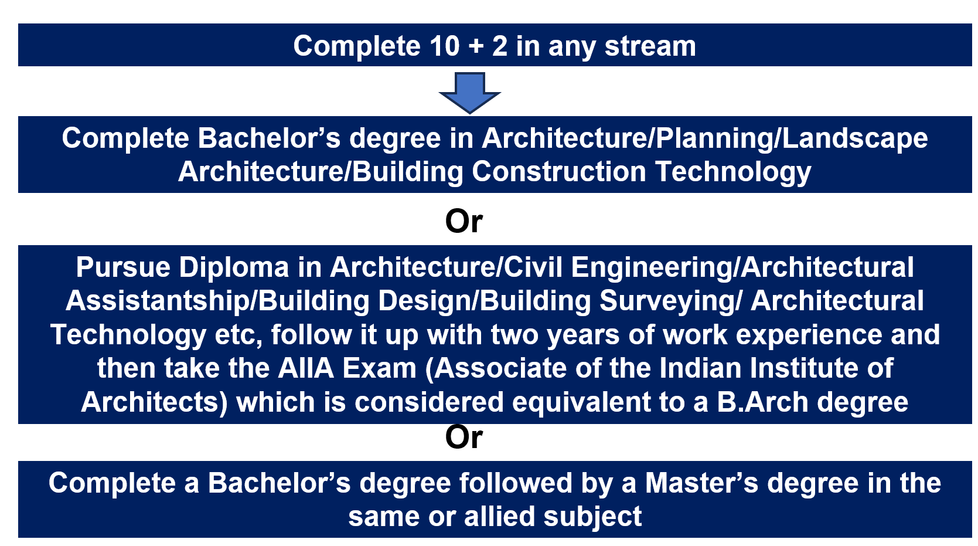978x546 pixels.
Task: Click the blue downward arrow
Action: pyautogui.click(x=470, y=93)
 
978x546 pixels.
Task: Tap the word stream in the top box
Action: pyautogui.click(x=650, y=46)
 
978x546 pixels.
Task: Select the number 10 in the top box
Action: pyautogui.click(x=445, y=46)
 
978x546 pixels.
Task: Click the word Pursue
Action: pyautogui.click(x=123, y=267)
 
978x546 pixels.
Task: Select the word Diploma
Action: pyautogui.click(x=234, y=268)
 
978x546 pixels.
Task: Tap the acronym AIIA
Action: pyautogui.click(x=306, y=368)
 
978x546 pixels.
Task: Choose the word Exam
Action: pyautogui.click(x=379, y=368)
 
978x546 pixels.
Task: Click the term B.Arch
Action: pyautogui.click(x=762, y=402)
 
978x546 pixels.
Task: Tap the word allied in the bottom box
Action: pyautogui.click(x=499, y=516)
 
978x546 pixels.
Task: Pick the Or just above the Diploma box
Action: pyautogui.click(x=464, y=221)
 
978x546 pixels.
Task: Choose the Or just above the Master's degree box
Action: pyautogui.click(x=464, y=437)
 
